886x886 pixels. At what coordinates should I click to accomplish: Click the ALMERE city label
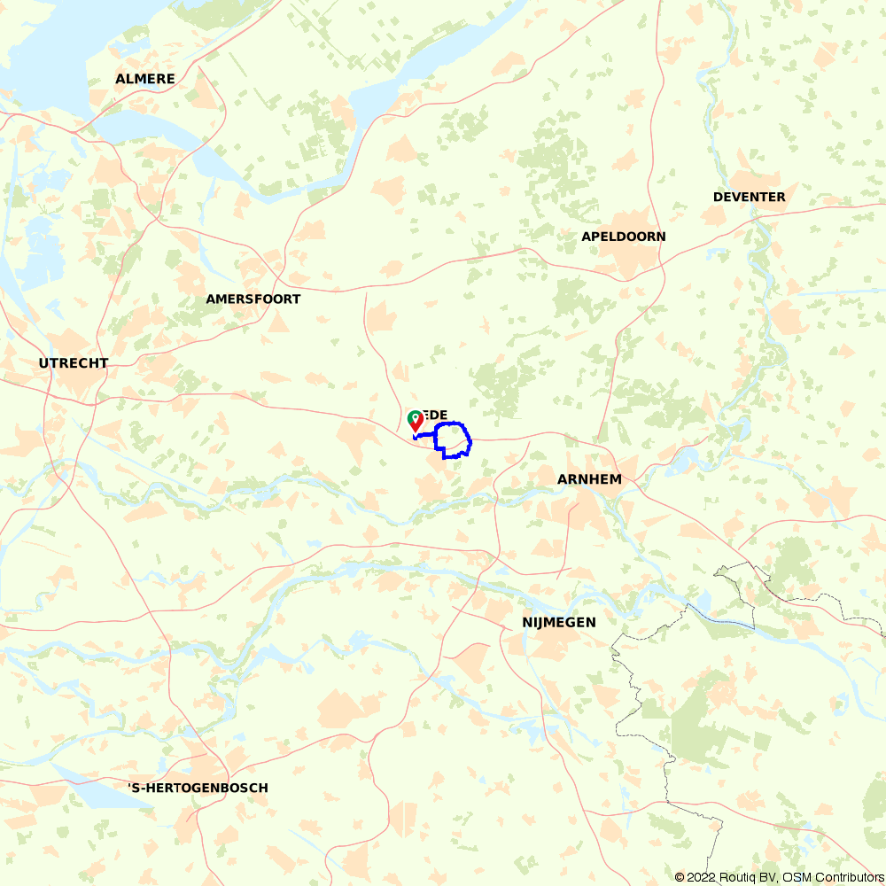point(145,79)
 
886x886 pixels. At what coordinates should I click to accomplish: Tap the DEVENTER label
point(749,197)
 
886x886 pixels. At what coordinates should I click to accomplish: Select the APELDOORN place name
point(623,237)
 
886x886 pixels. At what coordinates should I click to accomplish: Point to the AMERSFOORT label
point(253,299)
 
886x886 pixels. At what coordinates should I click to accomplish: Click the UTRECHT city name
point(74,363)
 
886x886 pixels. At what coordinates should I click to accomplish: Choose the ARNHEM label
point(589,479)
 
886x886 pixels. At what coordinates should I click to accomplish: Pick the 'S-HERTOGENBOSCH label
point(198,788)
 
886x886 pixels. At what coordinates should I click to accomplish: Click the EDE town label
point(437,415)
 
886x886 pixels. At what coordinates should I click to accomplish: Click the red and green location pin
point(414,420)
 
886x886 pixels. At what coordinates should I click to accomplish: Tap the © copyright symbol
point(680,877)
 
